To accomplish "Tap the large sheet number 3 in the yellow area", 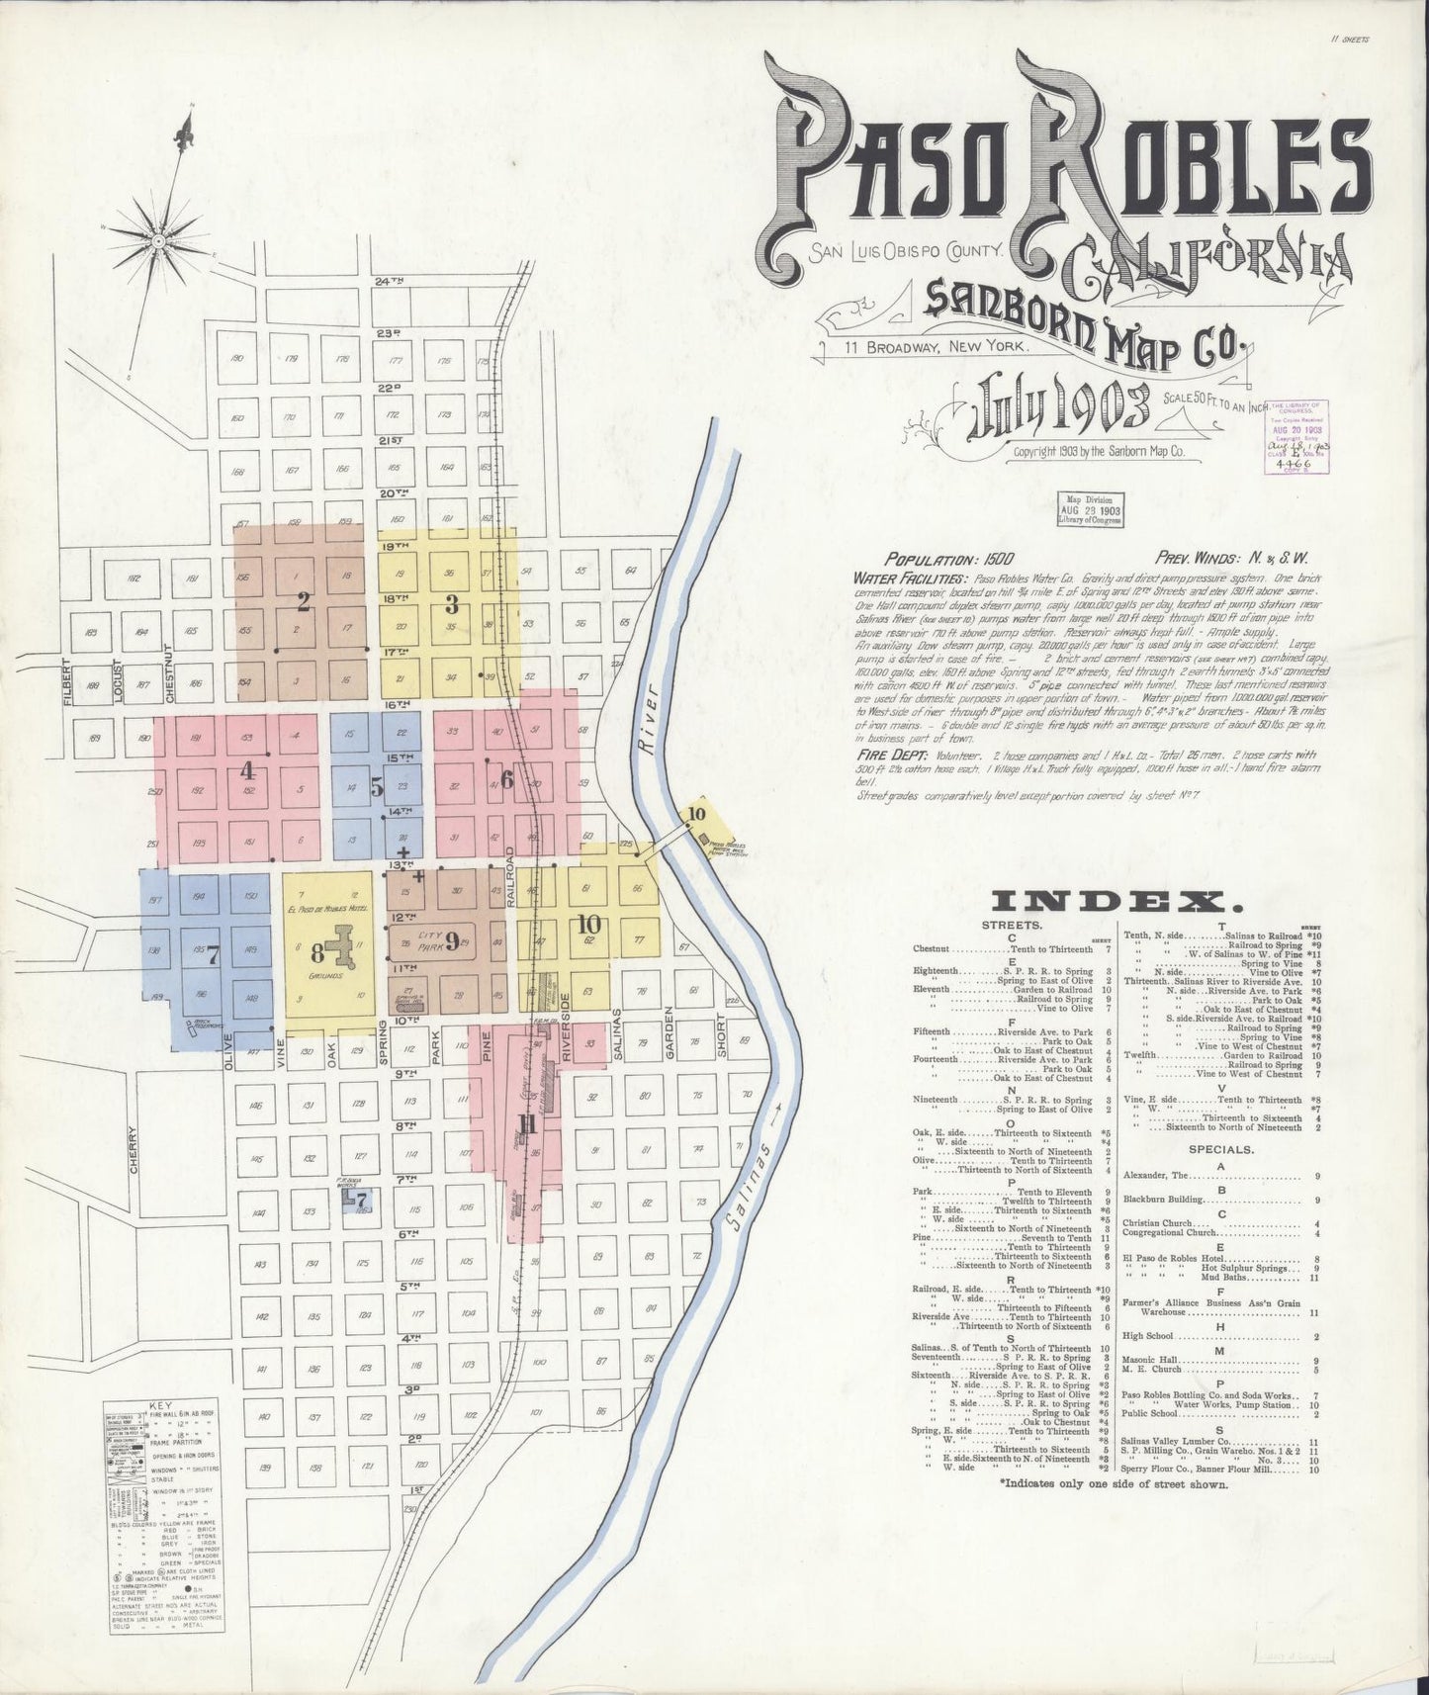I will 451,602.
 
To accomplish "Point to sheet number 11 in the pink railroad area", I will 526,1123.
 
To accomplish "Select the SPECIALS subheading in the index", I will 1212,1149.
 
